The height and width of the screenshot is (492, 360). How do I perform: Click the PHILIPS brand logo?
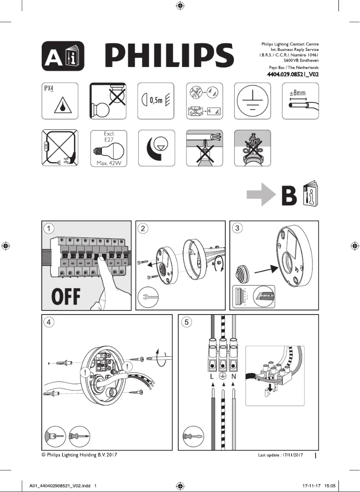(x=169, y=56)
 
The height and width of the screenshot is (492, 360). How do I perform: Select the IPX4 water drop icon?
(x=60, y=101)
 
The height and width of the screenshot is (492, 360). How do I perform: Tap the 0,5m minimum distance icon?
(x=156, y=101)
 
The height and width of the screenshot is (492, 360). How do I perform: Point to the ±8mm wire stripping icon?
(x=300, y=101)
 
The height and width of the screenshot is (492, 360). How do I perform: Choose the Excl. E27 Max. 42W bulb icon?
(x=108, y=148)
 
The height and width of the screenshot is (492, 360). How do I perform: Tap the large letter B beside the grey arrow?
(x=289, y=196)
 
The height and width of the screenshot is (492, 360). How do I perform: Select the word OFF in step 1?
(x=66, y=297)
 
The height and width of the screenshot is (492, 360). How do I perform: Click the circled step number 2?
(x=143, y=228)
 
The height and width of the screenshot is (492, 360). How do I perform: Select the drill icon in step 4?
(x=54, y=436)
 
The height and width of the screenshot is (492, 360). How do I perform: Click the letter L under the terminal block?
(x=212, y=377)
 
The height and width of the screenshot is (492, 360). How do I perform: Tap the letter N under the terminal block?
(x=233, y=377)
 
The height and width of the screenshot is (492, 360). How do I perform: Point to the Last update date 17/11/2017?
(x=281, y=455)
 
